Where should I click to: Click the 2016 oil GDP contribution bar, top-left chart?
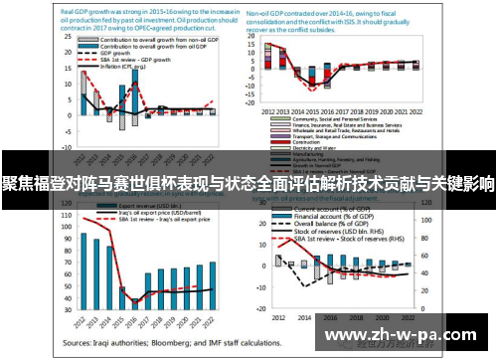pos(136,99)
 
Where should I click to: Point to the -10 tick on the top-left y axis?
pos(66,140)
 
